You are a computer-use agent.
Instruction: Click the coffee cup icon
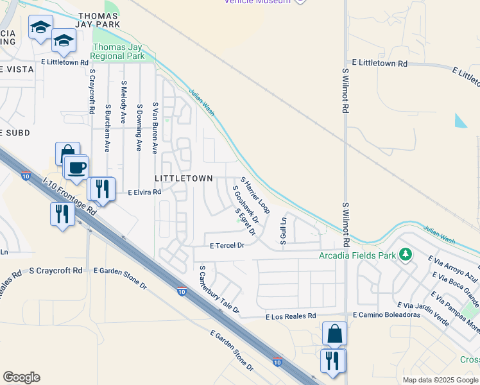coord(76,168)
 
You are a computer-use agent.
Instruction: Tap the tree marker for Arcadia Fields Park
coord(405,255)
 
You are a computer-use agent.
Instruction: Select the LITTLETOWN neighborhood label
coord(184,178)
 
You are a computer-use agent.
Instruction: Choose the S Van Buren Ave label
coord(155,127)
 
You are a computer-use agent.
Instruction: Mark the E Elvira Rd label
coord(144,192)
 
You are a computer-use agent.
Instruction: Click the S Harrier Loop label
coord(255,196)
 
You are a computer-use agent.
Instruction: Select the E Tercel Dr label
coord(227,245)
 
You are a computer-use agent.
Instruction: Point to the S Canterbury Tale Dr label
coord(219,290)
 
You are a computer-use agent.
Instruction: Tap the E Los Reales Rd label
coord(291,316)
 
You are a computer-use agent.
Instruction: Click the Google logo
coord(21,377)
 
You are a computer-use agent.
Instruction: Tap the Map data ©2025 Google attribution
coord(440,380)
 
